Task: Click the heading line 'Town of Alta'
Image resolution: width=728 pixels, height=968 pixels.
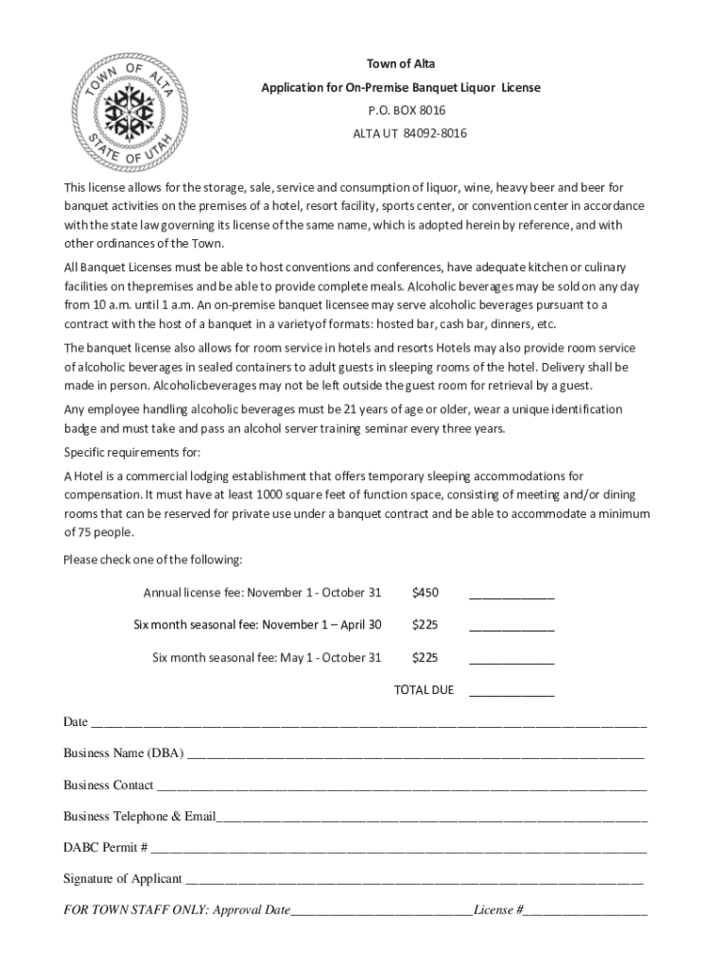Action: pyautogui.click(x=401, y=64)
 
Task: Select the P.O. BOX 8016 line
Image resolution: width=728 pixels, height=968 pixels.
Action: pyautogui.click(x=401, y=111)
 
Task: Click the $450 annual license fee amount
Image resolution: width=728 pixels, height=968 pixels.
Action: pyautogui.click(x=425, y=593)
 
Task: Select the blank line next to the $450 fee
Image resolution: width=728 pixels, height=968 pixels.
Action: pyautogui.click(x=511, y=595)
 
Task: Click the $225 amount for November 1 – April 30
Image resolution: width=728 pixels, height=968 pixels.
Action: pyautogui.click(x=425, y=625)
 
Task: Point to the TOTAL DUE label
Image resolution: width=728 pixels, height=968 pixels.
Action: pyautogui.click(x=424, y=690)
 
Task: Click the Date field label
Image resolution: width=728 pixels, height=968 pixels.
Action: pyautogui.click(x=76, y=722)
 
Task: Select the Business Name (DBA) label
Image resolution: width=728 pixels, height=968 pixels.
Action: pyautogui.click(x=124, y=753)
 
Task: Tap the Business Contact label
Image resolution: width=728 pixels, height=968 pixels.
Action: pyautogui.click(x=109, y=786)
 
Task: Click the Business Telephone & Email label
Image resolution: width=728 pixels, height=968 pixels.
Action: pyautogui.click(x=140, y=817)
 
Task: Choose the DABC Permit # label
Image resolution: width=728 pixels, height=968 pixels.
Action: pyautogui.click(x=105, y=848)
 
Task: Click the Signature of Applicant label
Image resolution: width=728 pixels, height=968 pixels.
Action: pyautogui.click(x=123, y=879)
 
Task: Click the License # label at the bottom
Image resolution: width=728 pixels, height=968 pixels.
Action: pyautogui.click(x=499, y=910)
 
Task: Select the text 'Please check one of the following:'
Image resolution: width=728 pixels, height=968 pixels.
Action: pyautogui.click(x=153, y=560)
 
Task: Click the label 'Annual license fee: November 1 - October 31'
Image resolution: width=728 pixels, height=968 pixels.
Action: pyautogui.click(x=262, y=593)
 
